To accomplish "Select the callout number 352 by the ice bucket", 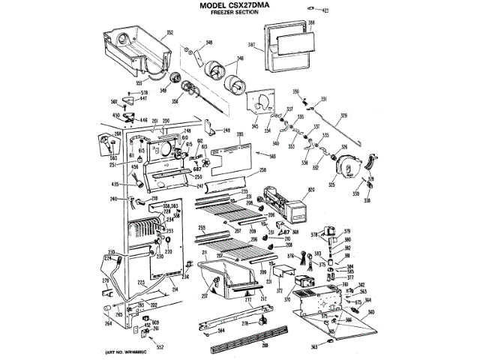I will (x=169, y=32).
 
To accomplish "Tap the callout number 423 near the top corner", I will (x=325, y=10).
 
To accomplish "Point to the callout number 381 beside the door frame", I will (x=253, y=44).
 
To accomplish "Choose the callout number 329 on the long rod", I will (x=343, y=115).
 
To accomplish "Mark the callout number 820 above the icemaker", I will (x=312, y=192).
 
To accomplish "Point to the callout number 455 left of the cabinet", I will (x=115, y=183).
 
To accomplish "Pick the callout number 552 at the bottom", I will (x=159, y=347).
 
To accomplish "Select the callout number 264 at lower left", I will (x=108, y=324).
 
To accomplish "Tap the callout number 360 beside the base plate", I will (x=370, y=311).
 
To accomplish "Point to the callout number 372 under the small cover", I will (x=279, y=289).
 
